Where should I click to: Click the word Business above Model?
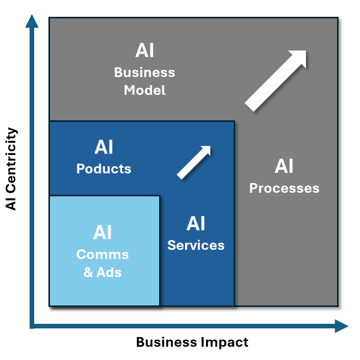[145, 72]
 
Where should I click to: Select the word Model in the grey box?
[145, 90]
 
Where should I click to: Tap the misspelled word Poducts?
[104, 169]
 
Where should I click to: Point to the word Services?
[196, 245]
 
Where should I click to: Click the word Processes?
[284, 189]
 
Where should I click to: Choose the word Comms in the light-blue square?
[102, 254]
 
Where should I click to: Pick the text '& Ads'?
[102, 272]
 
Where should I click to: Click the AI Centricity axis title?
[11, 169]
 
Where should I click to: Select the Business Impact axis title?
[192, 342]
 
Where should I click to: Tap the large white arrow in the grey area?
[275, 81]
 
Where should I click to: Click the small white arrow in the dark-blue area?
[194, 163]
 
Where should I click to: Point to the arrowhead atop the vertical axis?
[32, 21]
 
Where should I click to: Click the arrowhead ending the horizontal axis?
[342, 326]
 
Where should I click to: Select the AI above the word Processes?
[284, 166]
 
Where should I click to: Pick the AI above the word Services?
[196, 223]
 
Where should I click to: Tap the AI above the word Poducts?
[104, 147]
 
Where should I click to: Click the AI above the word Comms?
[102, 233]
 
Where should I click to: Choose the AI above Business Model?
[145, 50]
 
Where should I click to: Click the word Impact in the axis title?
[224, 342]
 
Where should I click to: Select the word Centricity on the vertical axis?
[11, 159]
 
